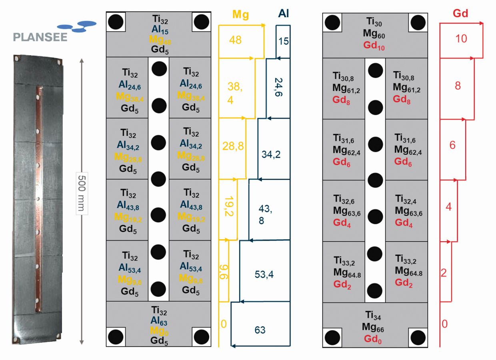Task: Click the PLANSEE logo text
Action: click(x=40, y=37)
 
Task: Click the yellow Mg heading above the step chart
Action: click(x=241, y=15)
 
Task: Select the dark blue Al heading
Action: click(x=284, y=14)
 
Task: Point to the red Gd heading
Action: click(x=460, y=14)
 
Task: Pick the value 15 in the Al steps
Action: click(x=284, y=41)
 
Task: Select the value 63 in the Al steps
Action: click(x=260, y=330)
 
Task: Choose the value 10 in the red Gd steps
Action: click(x=461, y=38)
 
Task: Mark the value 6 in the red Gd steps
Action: click(x=452, y=145)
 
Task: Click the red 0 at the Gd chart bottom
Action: click(x=444, y=324)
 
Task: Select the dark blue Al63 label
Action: click(x=159, y=320)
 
